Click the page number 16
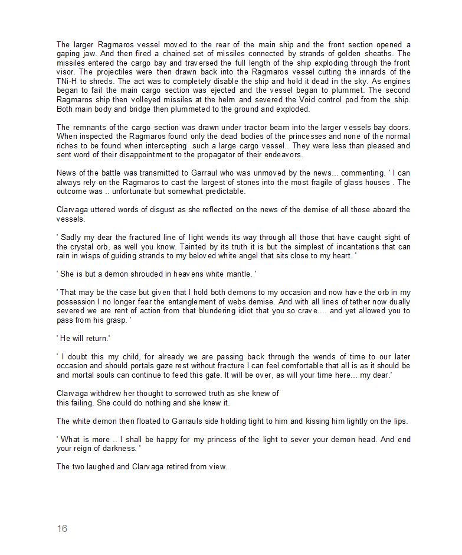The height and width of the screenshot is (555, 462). (x=62, y=528)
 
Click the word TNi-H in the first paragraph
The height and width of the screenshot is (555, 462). (x=66, y=81)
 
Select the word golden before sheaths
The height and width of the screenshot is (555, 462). (x=336, y=54)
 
